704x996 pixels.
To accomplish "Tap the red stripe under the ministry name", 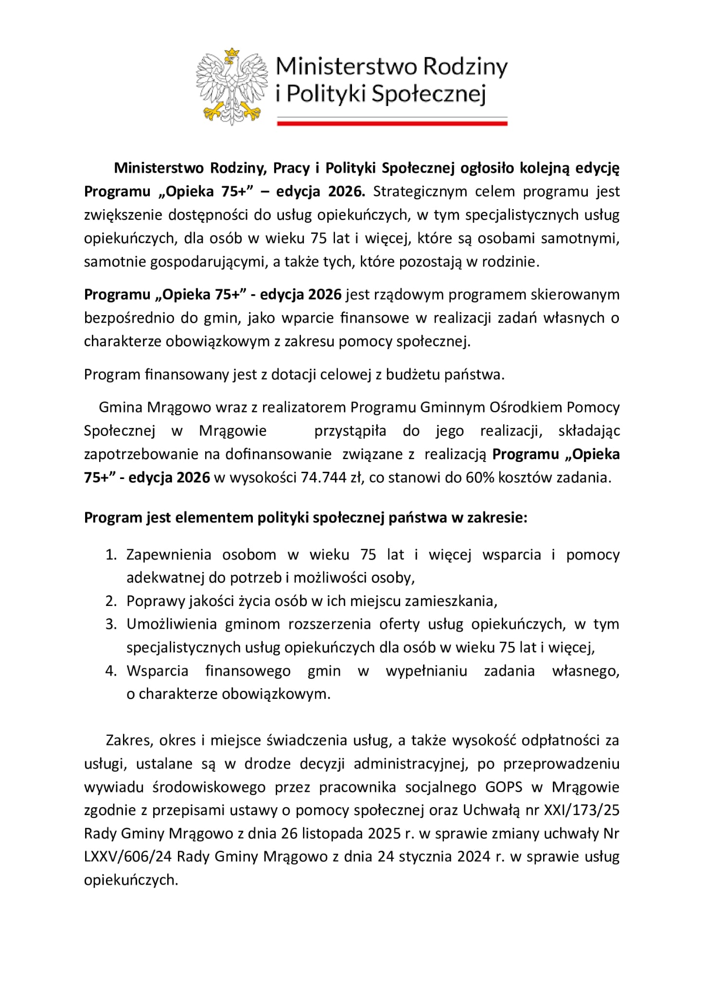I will click(x=392, y=124).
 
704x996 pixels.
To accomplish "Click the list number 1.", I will click(x=111, y=555).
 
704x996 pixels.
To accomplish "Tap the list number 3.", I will click(x=111, y=624).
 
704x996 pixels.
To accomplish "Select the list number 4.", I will click(x=111, y=671).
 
